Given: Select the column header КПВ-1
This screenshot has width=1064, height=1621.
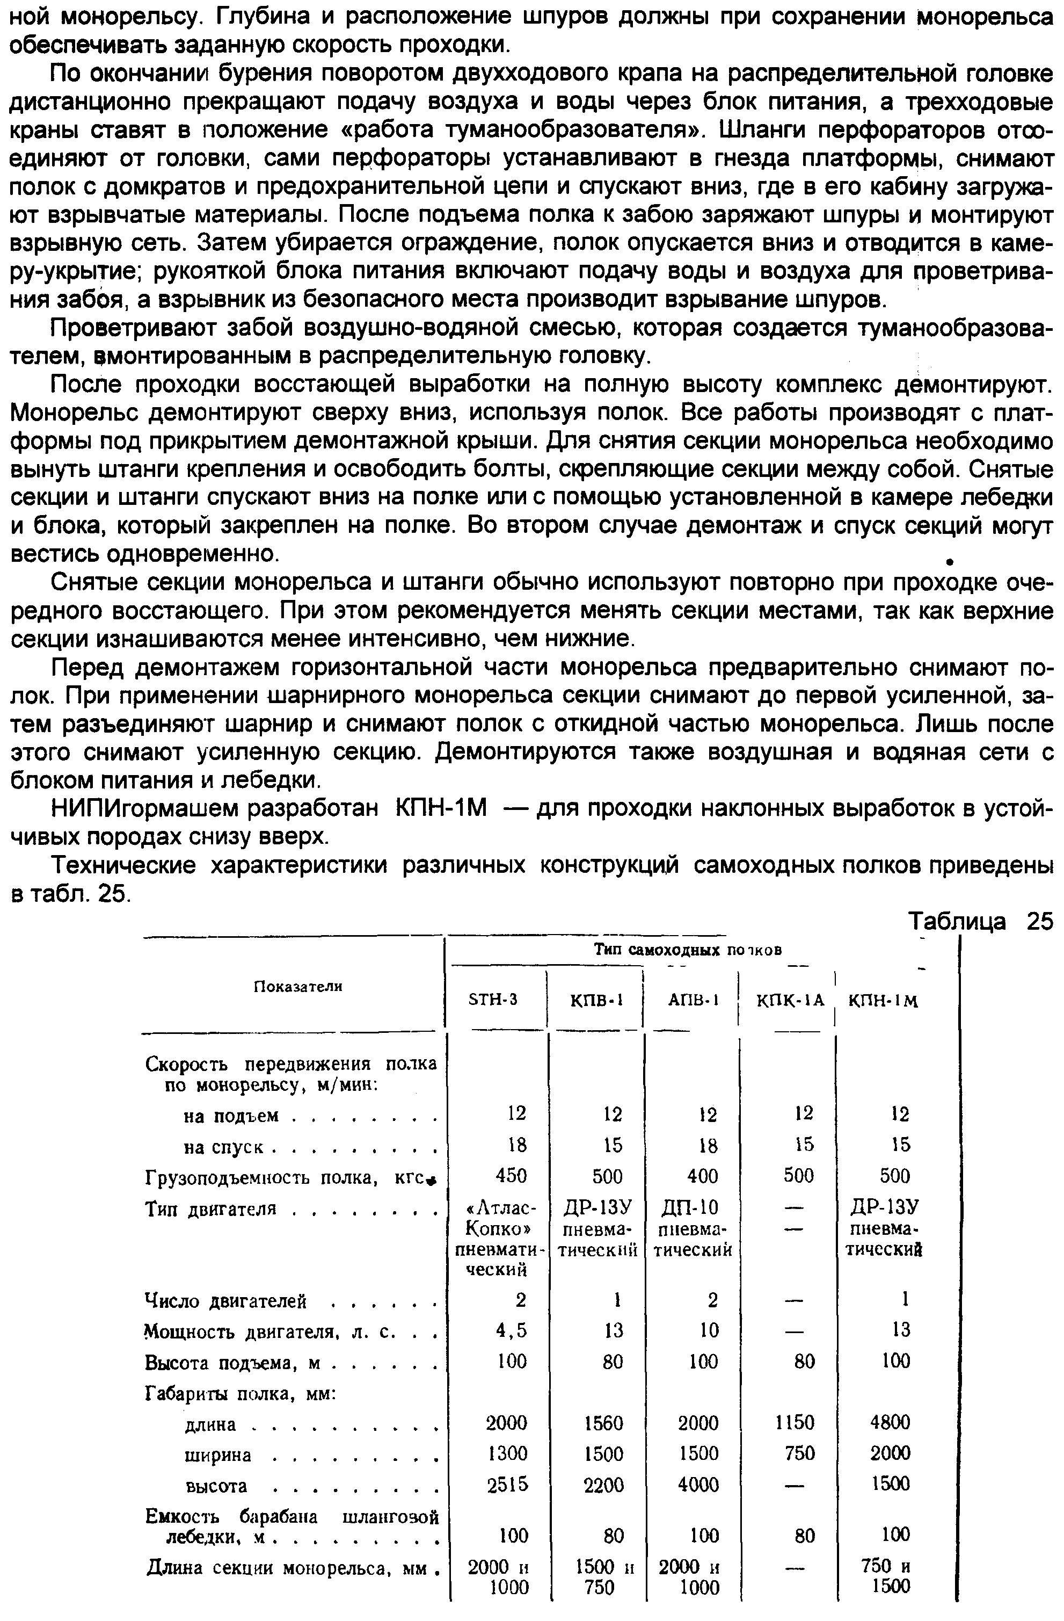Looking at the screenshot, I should pos(596,1000).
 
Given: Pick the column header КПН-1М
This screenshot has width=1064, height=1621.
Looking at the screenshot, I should pos(883,1001).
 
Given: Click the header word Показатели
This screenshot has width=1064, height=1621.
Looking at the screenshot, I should pos(297,986).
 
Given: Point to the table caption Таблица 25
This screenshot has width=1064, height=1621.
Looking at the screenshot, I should pos(980,922).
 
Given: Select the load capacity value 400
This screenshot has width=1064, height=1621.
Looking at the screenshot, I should pos(702,1176).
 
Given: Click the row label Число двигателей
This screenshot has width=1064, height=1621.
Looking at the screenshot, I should pos(226,1301).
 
